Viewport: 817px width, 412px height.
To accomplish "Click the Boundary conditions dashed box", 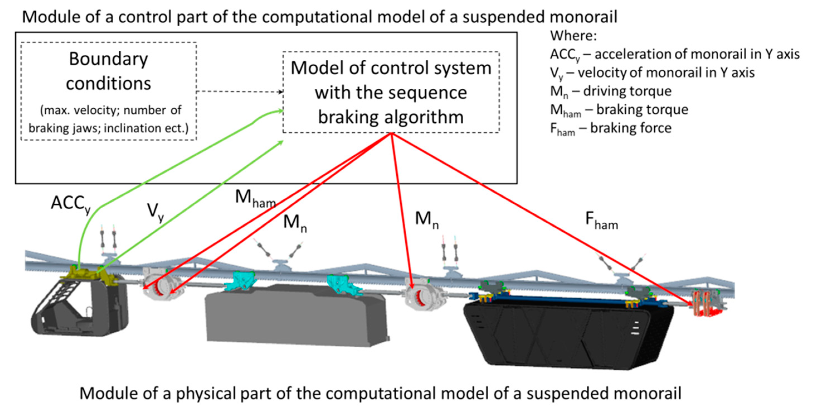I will coord(108,91).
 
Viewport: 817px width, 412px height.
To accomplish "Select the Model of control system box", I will coord(391,92).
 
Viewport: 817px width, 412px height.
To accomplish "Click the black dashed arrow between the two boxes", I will coord(240,92).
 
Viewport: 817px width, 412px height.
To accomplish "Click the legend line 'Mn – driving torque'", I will coord(611,91).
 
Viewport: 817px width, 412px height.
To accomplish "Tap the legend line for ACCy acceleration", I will coord(674,55).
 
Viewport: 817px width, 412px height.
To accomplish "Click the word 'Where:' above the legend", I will coord(573,36).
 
